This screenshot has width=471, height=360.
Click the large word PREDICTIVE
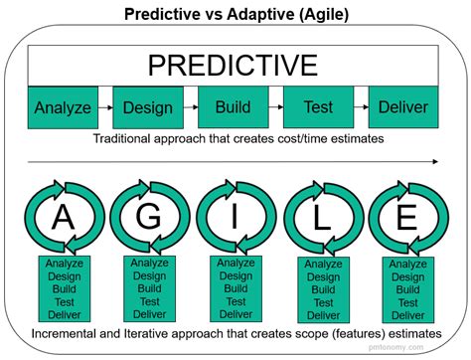[x=234, y=66]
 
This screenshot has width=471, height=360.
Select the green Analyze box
[x=62, y=106]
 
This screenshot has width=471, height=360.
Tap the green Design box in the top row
[x=148, y=106]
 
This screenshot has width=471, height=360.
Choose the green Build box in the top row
[x=233, y=105]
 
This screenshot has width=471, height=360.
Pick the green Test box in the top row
[x=318, y=105]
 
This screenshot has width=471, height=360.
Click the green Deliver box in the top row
[x=404, y=105]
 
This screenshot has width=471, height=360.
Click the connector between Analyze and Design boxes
[x=104, y=106]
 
